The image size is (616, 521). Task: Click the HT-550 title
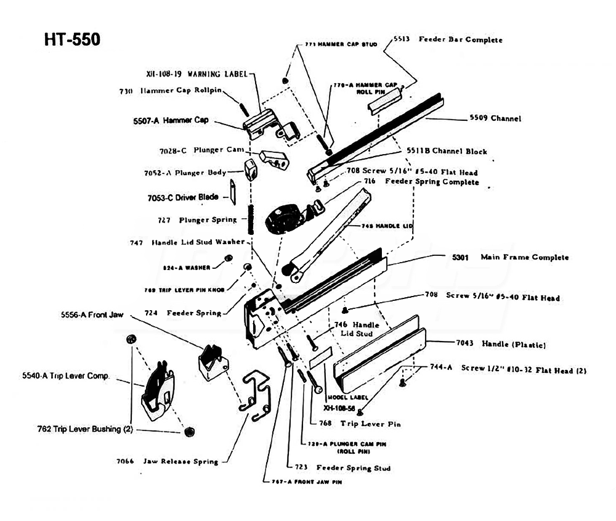click(x=71, y=39)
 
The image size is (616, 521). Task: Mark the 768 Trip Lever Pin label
click(x=360, y=424)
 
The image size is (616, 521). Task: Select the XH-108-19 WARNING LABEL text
click(x=197, y=74)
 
